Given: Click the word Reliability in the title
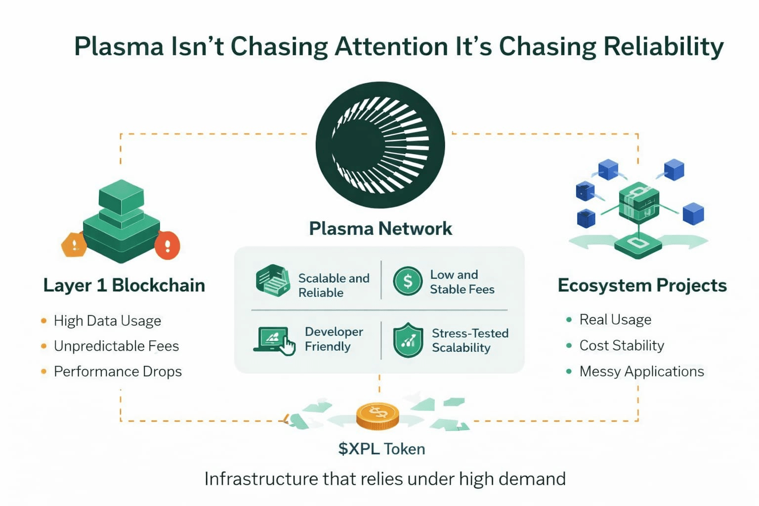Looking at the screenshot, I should coord(663,47).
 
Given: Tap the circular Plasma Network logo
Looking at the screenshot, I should coord(380,145).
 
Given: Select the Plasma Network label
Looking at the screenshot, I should coord(380,228).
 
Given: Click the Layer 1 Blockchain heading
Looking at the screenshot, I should coord(124,285).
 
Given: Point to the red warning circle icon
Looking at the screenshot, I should coord(167,245).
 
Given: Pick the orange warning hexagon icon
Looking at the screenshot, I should coord(74,244).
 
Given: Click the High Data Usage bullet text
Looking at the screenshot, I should coord(107,321).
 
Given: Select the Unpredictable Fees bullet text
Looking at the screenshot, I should coord(116,346).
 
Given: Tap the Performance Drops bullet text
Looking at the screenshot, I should coord(118,371).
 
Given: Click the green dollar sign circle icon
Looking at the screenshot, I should coord(408,281).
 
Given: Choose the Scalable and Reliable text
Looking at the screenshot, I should coord(334,285).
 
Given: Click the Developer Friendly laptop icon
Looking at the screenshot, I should coord(274,340).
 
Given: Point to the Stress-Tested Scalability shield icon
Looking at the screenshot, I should coord(408,340).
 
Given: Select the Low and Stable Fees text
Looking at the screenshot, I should coord(462,282).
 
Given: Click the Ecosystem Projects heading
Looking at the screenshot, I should coord(642,285).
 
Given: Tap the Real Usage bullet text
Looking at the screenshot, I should coord(615,320).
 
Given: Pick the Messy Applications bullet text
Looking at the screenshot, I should coord(641,371).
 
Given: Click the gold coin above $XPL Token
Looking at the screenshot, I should coord(378,416).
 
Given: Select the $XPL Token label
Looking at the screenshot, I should coord(381,449).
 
